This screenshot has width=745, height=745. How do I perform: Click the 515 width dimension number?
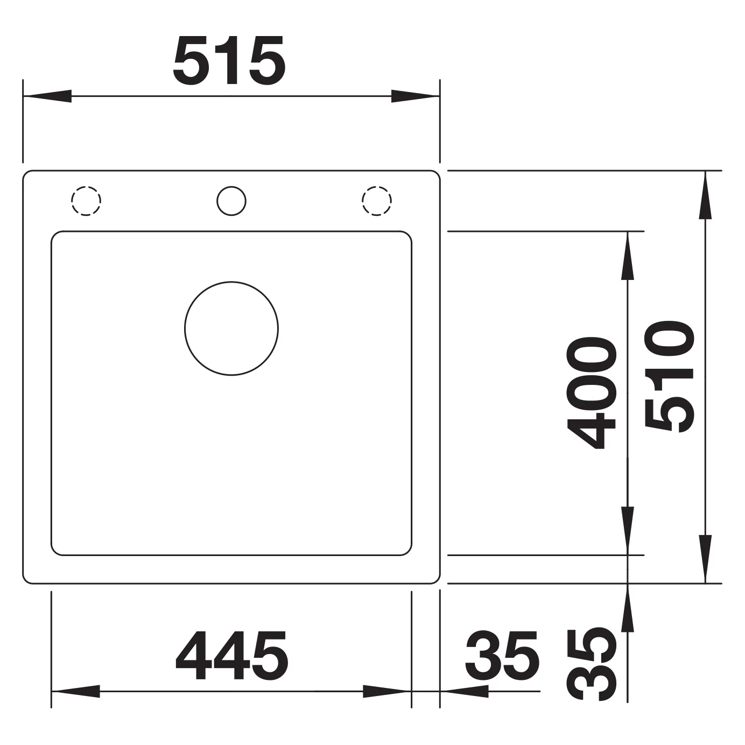pyautogui.click(x=230, y=61)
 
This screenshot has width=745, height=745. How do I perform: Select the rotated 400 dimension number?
pyautogui.click(x=591, y=392)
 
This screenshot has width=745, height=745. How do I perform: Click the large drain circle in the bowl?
pyautogui.click(x=231, y=328)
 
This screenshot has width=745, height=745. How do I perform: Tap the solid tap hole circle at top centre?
pyautogui.click(x=231, y=201)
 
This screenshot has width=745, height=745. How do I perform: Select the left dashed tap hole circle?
pyautogui.click(x=86, y=201)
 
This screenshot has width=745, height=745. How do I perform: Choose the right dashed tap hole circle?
pyautogui.click(x=377, y=201)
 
